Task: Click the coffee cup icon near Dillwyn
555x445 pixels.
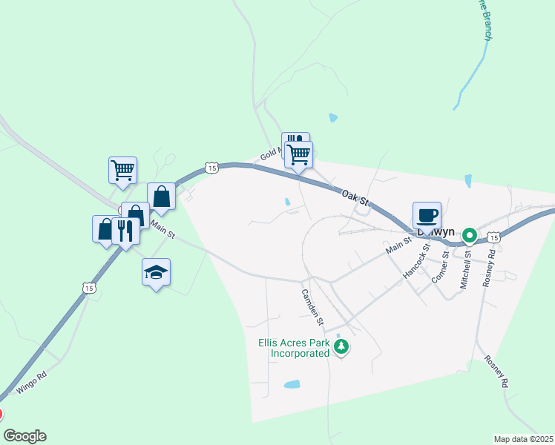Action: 427,216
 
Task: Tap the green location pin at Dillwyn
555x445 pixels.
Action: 470,235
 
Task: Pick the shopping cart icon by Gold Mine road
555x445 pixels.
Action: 298,155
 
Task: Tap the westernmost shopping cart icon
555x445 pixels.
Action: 122,169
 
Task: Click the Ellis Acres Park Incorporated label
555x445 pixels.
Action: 294,348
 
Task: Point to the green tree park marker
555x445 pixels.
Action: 341,347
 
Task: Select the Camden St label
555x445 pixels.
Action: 312,306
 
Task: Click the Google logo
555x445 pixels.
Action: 25,436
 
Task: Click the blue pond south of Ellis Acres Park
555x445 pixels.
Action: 292,385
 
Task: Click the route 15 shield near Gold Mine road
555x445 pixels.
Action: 213,168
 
